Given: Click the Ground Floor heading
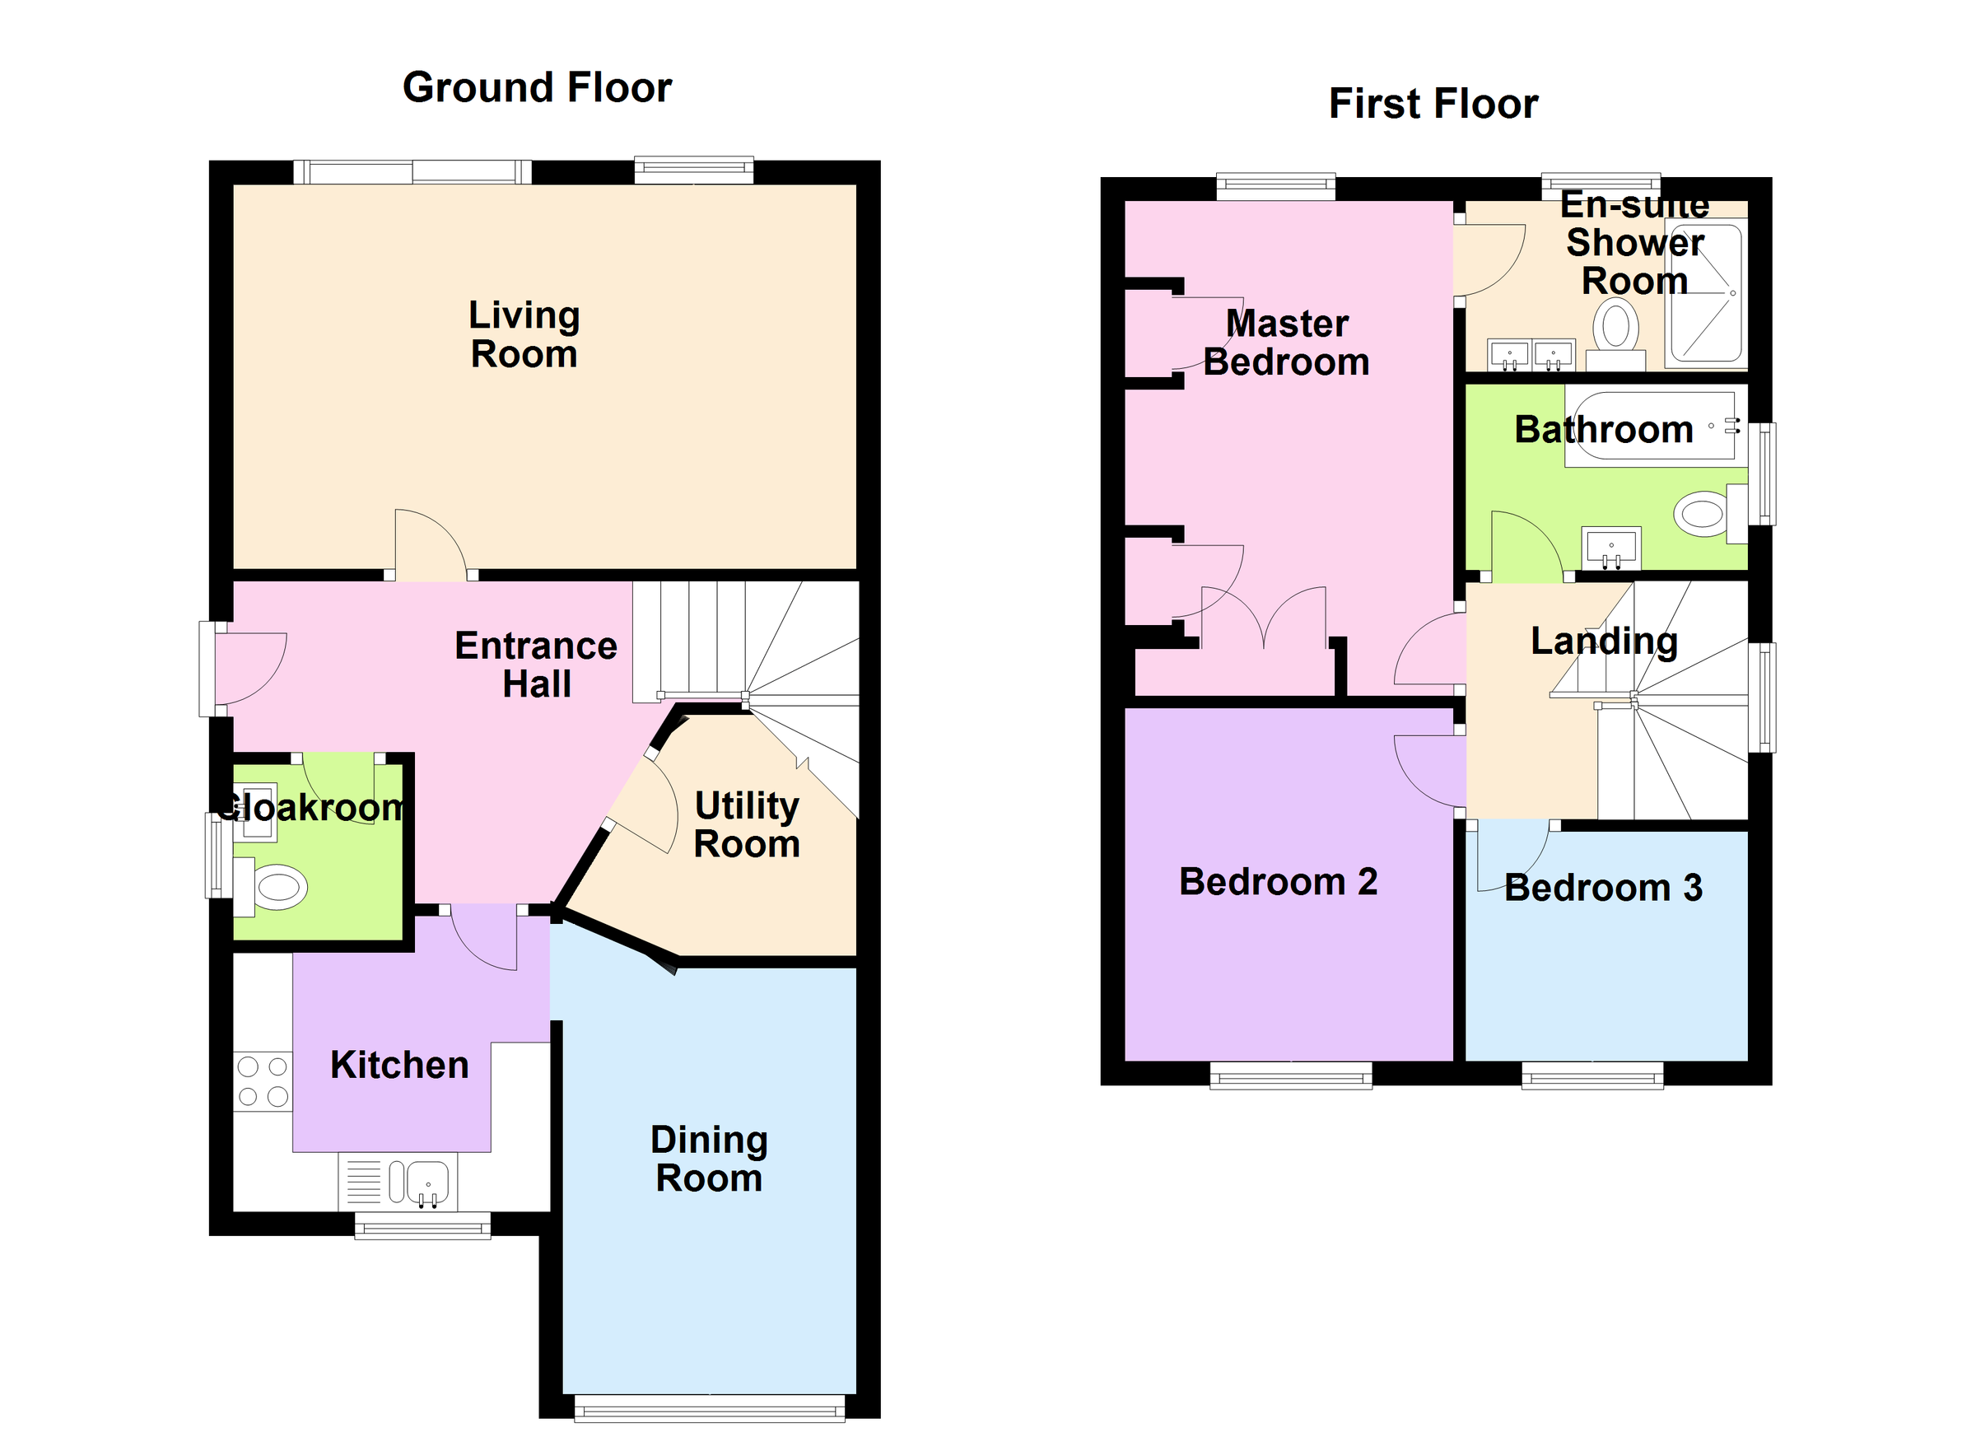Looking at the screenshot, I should click(x=537, y=88).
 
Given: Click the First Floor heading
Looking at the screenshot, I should click(x=1433, y=104).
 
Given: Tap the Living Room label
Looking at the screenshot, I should click(x=524, y=334).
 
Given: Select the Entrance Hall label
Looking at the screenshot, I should click(x=536, y=664).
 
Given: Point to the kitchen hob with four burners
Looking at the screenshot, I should click(x=263, y=1081).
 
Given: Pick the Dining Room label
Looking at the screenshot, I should click(x=708, y=1158).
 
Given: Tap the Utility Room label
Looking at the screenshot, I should click(x=746, y=824).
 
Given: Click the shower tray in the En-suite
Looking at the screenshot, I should click(x=1706, y=293).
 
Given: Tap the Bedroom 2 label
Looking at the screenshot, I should click(x=1277, y=882).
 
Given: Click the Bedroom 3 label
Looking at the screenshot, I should click(x=1602, y=888).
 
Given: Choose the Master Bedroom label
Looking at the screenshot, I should click(x=1286, y=343).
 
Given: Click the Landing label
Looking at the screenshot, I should click(x=1603, y=642).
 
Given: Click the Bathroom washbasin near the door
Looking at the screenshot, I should click(x=1611, y=548).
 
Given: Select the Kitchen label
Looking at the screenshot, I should click(x=399, y=1065).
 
